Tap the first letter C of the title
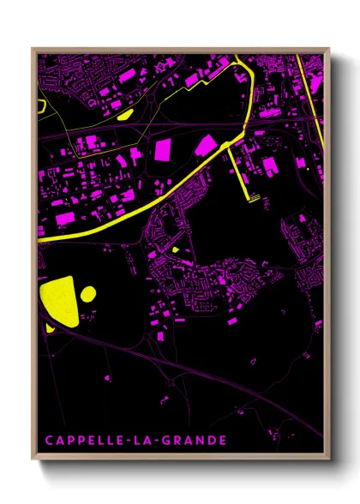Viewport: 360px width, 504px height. pyautogui.click(x=49, y=441)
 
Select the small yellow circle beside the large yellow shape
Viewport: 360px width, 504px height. pyautogui.click(x=87, y=294)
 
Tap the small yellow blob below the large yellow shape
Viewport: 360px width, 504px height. pyautogui.click(x=50, y=327)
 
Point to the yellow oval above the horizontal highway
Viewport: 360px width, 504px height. pyautogui.click(x=124, y=112)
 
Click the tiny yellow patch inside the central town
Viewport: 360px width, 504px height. pyautogui.click(x=175, y=250)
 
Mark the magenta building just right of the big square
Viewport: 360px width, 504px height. pyautogui.click(x=206, y=145)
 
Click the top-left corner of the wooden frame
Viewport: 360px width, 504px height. pyautogui.click(x=33, y=49)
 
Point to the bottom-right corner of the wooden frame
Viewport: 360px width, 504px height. pyautogui.click(x=330, y=462)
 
